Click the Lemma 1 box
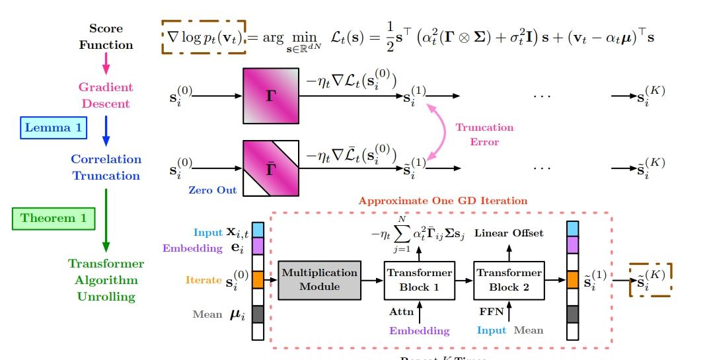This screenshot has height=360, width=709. [53, 127]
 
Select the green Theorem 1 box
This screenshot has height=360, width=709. [54, 217]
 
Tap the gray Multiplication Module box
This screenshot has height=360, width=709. [320, 279]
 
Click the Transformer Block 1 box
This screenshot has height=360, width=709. [419, 279]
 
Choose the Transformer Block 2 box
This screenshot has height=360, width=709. [508, 279]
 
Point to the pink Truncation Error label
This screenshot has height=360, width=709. [484, 134]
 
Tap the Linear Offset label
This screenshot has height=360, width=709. [509, 233]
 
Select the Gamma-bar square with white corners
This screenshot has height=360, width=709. [271, 168]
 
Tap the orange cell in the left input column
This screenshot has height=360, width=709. [258, 279]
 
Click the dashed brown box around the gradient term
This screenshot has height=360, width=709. [204, 37]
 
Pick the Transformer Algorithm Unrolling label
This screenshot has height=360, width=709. [106, 280]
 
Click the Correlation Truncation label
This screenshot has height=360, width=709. [106, 167]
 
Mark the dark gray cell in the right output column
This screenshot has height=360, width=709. [572, 313]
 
